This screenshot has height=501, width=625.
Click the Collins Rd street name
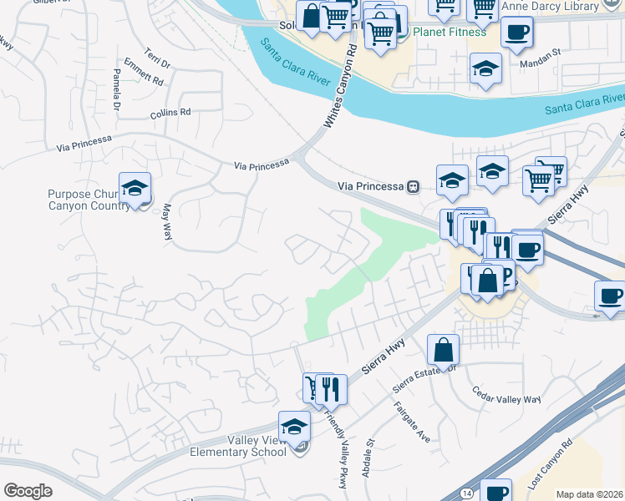[x=170, y=112]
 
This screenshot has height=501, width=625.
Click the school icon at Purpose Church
[x=133, y=190]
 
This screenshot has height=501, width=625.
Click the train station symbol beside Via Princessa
[x=412, y=186]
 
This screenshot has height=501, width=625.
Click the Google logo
[x=28, y=490]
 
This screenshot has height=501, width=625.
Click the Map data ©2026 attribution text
[x=590, y=494]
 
